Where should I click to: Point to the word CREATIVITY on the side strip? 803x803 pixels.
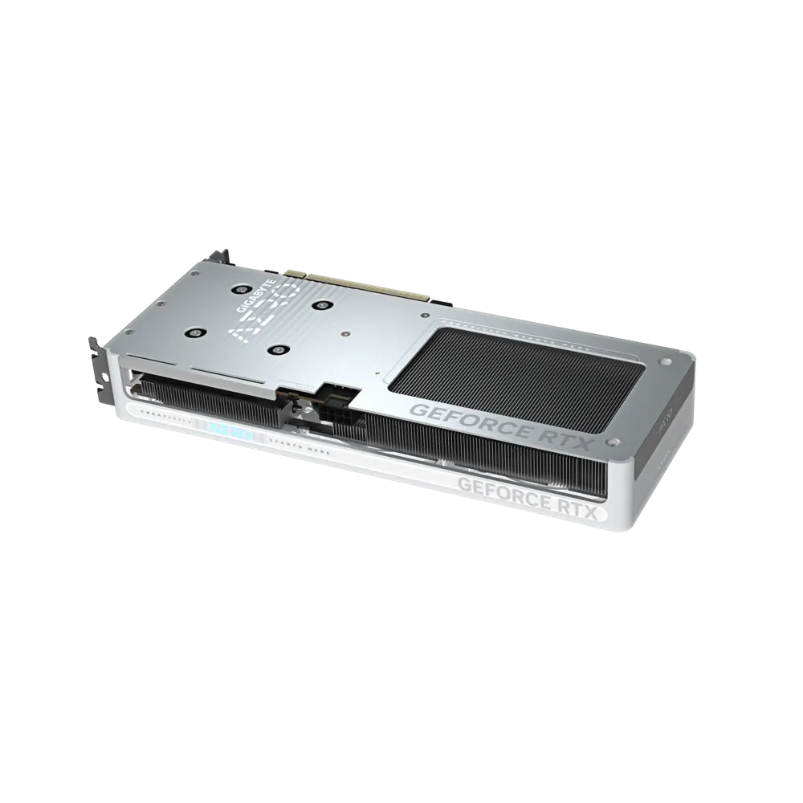[x=166, y=419]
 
